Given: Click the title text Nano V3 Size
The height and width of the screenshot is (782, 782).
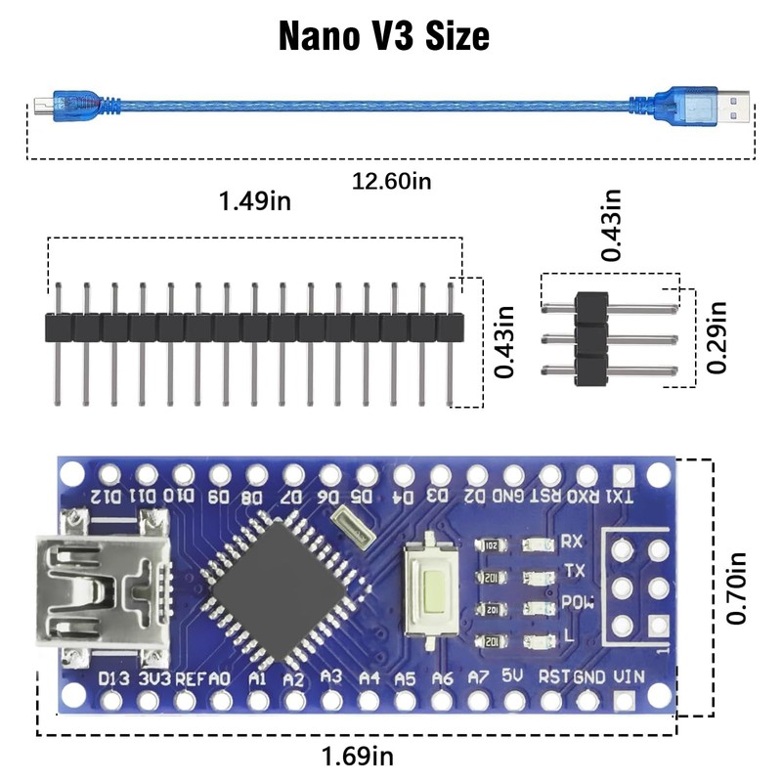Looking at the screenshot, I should [x=384, y=36].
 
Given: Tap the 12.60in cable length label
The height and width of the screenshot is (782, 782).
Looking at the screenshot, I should [x=391, y=180].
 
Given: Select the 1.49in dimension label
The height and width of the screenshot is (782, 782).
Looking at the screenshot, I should [x=255, y=201].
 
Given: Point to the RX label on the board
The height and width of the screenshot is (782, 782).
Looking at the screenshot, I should [x=573, y=542].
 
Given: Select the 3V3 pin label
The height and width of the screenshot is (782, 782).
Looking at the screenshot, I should [x=154, y=676].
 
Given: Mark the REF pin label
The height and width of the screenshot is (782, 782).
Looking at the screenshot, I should [x=190, y=676].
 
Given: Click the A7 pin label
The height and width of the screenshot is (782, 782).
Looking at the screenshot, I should [x=478, y=676].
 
